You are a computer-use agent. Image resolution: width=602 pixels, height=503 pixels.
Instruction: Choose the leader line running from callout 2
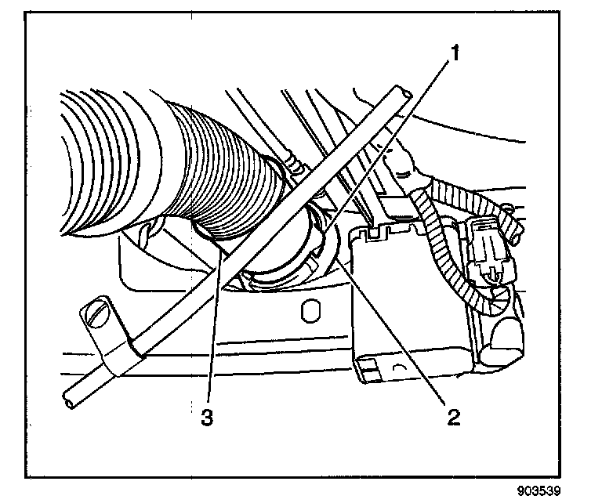coord(392,329)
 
